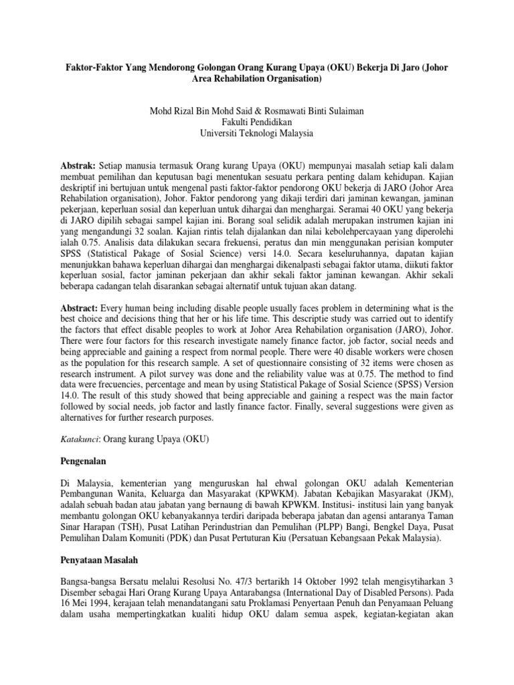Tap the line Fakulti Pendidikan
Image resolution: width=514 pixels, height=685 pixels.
click(x=257, y=121)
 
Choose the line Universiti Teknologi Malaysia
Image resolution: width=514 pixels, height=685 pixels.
click(x=257, y=133)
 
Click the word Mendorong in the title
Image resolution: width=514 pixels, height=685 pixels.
click(x=165, y=67)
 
